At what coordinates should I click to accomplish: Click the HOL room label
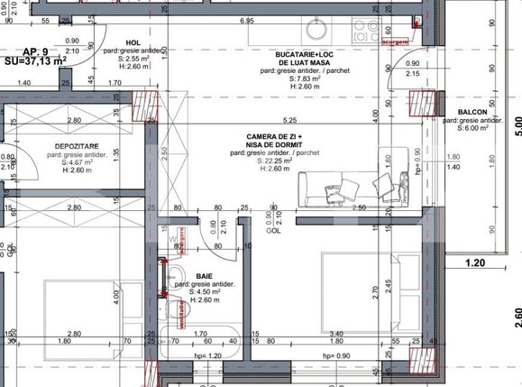(133, 41)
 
